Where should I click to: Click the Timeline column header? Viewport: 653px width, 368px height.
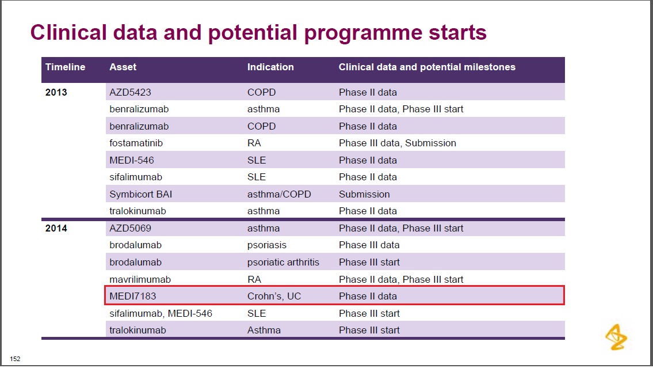[65, 67]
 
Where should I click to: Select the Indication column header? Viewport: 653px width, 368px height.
[270, 67]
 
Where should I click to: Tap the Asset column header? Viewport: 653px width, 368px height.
[123, 67]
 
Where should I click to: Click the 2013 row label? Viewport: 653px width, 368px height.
[56, 92]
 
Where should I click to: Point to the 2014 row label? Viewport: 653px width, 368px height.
[56, 228]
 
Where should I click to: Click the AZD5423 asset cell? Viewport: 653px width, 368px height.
[131, 92]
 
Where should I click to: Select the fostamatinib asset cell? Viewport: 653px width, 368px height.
[136, 143]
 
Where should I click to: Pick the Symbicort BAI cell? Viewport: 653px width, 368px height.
[141, 194]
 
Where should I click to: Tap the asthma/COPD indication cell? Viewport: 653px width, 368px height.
[279, 194]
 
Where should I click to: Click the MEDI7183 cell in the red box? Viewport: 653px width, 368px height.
[133, 296]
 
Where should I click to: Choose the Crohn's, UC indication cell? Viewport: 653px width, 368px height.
[274, 296]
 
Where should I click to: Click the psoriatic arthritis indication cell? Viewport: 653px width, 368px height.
[283, 262]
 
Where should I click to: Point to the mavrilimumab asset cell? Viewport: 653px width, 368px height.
[140, 279]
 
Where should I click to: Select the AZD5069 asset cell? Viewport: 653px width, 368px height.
[131, 228]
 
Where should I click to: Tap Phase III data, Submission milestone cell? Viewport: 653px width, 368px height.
[398, 143]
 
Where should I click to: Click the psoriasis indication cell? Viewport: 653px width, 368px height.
[267, 245]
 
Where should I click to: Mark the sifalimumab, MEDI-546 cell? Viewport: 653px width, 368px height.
[161, 313]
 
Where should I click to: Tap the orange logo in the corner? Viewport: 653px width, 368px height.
[616, 337]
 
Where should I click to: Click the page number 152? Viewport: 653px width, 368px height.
[15, 359]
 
